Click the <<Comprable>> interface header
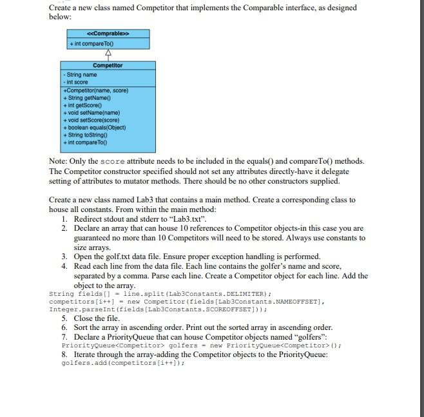coord(108,33)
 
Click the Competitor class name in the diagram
coord(108,65)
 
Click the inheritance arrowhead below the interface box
coord(108,53)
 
